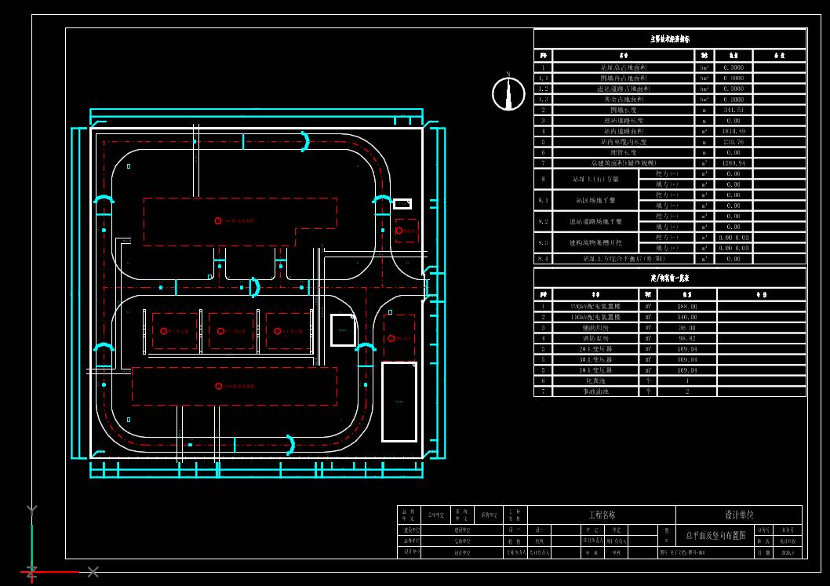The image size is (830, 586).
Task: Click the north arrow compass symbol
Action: pos(508,93)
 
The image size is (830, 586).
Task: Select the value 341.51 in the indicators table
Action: pos(733,110)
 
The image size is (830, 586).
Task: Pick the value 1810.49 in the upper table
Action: pos(733,131)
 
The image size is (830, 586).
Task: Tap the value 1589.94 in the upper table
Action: pos(733,163)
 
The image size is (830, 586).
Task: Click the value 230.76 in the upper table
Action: pos(733,142)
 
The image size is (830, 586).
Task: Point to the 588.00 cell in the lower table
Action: pos(686,306)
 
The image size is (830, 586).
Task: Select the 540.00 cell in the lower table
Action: pos(686,317)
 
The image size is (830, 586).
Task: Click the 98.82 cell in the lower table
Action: pos(686,338)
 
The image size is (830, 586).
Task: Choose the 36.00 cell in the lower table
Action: pos(686,327)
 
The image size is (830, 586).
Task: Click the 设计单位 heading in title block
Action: pos(738,515)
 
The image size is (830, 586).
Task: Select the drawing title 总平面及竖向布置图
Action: pos(714,535)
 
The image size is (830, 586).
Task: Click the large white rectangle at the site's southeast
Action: pos(399,402)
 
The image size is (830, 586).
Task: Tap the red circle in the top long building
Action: pos(218,220)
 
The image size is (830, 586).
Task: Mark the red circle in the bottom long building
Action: pos(218,386)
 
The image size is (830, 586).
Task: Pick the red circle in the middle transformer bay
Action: pos(220,331)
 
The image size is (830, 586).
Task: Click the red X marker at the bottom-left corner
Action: pos(93,572)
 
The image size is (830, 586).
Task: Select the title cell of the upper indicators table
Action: pos(669,38)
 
